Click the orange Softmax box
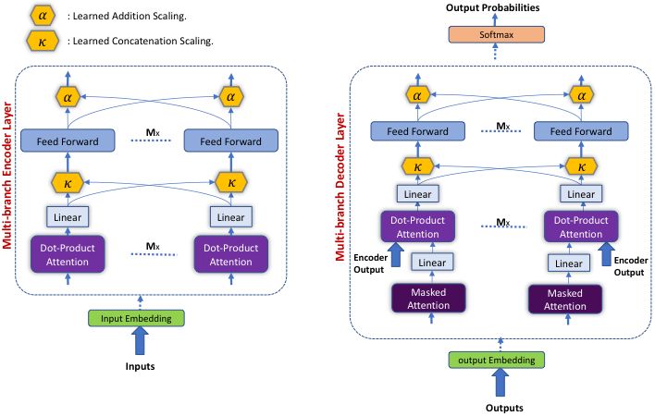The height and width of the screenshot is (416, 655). click(496, 34)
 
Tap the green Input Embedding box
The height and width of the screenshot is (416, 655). click(136, 318)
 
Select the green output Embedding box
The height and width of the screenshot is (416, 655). click(496, 361)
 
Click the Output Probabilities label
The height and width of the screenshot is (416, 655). click(492, 7)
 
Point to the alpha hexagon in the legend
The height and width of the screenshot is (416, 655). click(43, 17)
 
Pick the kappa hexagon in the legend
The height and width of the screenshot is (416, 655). click(43, 42)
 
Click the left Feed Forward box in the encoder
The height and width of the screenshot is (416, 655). click(68, 141)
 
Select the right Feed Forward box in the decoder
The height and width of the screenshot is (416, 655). click(581, 131)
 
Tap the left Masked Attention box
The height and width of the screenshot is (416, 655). click(428, 299)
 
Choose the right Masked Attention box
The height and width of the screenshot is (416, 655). click(564, 300)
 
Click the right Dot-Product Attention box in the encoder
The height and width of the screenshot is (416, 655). click(231, 254)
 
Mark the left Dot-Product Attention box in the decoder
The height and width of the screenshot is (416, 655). click(418, 227)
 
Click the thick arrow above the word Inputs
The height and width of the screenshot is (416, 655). click(140, 340)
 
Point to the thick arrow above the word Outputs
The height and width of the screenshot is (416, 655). click(500, 383)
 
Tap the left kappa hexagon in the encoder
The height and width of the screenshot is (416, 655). click(68, 183)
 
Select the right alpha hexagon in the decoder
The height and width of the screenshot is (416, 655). click(581, 95)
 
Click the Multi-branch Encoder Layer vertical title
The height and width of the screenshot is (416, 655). click(7, 176)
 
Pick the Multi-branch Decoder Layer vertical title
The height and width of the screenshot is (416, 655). click(340, 187)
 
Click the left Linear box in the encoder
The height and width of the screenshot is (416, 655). click(68, 217)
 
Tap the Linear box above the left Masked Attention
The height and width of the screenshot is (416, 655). click(432, 263)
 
